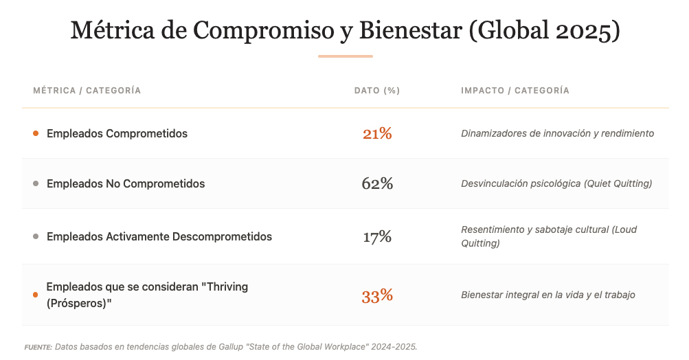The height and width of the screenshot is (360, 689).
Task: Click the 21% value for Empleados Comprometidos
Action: tap(377, 133)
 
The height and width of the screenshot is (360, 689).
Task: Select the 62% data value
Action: tap(377, 183)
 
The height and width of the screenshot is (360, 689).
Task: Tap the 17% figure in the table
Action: tap(377, 237)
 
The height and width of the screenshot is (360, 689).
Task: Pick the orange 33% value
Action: tap(377, 295)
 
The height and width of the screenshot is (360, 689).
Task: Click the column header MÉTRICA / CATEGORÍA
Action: tap(87, 91)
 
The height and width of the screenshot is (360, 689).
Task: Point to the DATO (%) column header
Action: tap(377, 91)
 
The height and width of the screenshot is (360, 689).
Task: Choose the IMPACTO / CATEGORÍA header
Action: tap(515, 91)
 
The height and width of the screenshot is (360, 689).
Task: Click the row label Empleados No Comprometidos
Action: tap(126, 183)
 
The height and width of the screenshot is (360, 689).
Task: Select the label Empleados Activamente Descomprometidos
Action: tap(159, 237)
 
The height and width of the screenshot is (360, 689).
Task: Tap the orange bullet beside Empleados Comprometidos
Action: tap(36, 133)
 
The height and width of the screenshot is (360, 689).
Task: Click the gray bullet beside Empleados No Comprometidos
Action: tap(36, 183)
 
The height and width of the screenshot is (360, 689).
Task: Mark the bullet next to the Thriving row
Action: tap(36, 295)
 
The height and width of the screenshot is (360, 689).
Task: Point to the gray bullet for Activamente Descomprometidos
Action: tap(36, 237)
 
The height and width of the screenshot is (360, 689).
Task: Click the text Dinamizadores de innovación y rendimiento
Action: tap(557, 133)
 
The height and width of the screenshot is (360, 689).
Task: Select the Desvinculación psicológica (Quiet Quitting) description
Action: tap(556, 183)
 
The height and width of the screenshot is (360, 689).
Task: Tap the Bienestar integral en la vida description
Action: tap(548, 295)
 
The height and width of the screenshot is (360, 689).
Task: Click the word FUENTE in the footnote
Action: tap(38, 347)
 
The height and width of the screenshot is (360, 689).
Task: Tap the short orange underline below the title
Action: tap(345, 56)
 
